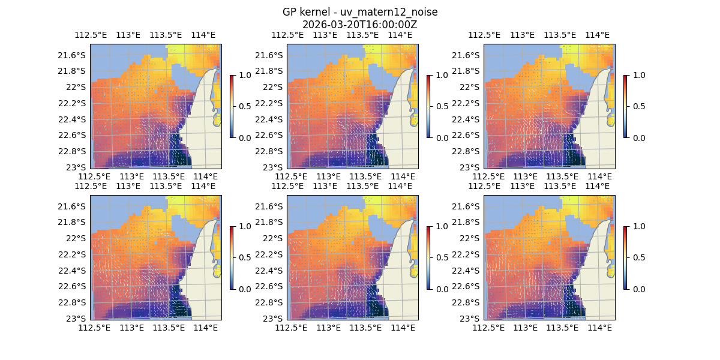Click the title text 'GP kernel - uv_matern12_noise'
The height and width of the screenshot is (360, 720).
[359, 13]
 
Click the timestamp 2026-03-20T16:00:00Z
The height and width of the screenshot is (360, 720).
[359, 25]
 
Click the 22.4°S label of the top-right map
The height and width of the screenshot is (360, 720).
[469, 119]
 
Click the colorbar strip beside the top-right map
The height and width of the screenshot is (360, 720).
[625, 106]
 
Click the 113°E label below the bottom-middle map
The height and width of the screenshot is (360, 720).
[328, 328]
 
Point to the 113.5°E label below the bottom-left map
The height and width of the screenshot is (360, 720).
[169, 328]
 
